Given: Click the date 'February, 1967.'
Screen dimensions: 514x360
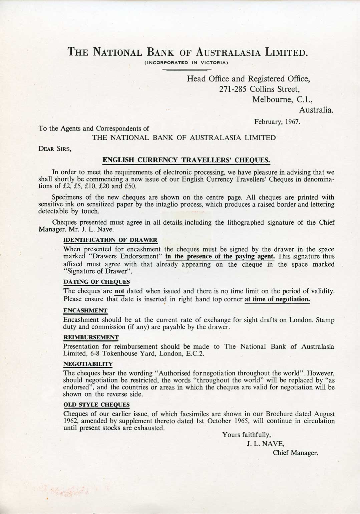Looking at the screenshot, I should pyautogui.click(x=277, y=122).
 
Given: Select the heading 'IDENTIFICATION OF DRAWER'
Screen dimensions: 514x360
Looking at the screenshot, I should pyautogui.click(x=110, y=240).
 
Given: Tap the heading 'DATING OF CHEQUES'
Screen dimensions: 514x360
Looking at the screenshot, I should pyautogui.click(x=96, y=282).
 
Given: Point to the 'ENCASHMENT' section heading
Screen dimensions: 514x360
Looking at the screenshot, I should pyautogui.click(x=85, y=310).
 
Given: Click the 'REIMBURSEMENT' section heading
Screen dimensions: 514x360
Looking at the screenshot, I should pyautogui.click(x=91, y=337).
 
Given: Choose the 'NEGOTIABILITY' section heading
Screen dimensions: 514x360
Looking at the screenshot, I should pyautogui.click(x=88, y=364).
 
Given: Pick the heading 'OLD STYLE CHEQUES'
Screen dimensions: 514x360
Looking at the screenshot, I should pyautogui.click(x=96, y=405).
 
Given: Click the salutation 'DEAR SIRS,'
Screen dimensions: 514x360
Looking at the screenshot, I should pyautogui.click(x=55, y=149).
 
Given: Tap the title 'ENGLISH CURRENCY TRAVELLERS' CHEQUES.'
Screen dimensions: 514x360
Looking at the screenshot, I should pyautogui.click(x=186, y=160).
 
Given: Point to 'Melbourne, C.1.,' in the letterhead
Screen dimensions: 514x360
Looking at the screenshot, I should pyautogui.click(x=283, y=99).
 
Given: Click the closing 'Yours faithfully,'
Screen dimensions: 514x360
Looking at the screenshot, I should pyautogui.click(x=247, y=435).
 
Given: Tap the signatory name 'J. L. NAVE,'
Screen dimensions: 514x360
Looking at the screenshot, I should pyautogui.click(x=265, y=444).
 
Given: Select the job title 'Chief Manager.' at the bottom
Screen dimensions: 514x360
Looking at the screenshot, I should pyautogui.click(x=295, y=453).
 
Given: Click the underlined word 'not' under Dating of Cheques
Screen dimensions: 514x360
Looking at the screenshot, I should pyautogui.click(x=119, y=291).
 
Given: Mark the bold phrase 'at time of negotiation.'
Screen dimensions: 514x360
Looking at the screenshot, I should pyautogui.click(x=277, y=299).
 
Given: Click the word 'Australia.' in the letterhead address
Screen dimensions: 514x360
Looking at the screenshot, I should pyautogui.click(x=316, y=110).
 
